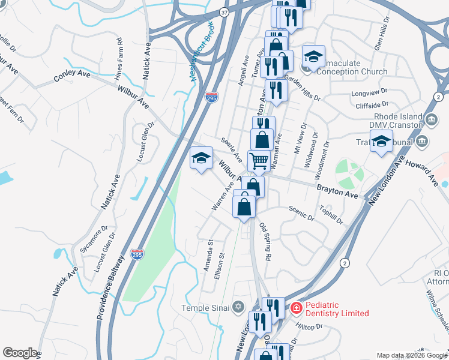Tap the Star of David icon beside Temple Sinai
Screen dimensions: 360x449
[x=238, y=308]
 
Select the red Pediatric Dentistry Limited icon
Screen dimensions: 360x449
[x=296, y=308]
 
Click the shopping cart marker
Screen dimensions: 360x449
[x=259, y=160]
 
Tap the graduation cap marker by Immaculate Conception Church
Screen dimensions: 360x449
[x=313, y=57]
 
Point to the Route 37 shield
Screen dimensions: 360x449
[x=223, y=12]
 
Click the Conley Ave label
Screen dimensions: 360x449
[x=70, y=77]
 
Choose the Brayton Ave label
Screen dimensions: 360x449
[x=337, y=188]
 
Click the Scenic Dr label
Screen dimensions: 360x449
[x=301, y=214]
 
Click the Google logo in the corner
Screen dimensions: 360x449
[x=20, y=353]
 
